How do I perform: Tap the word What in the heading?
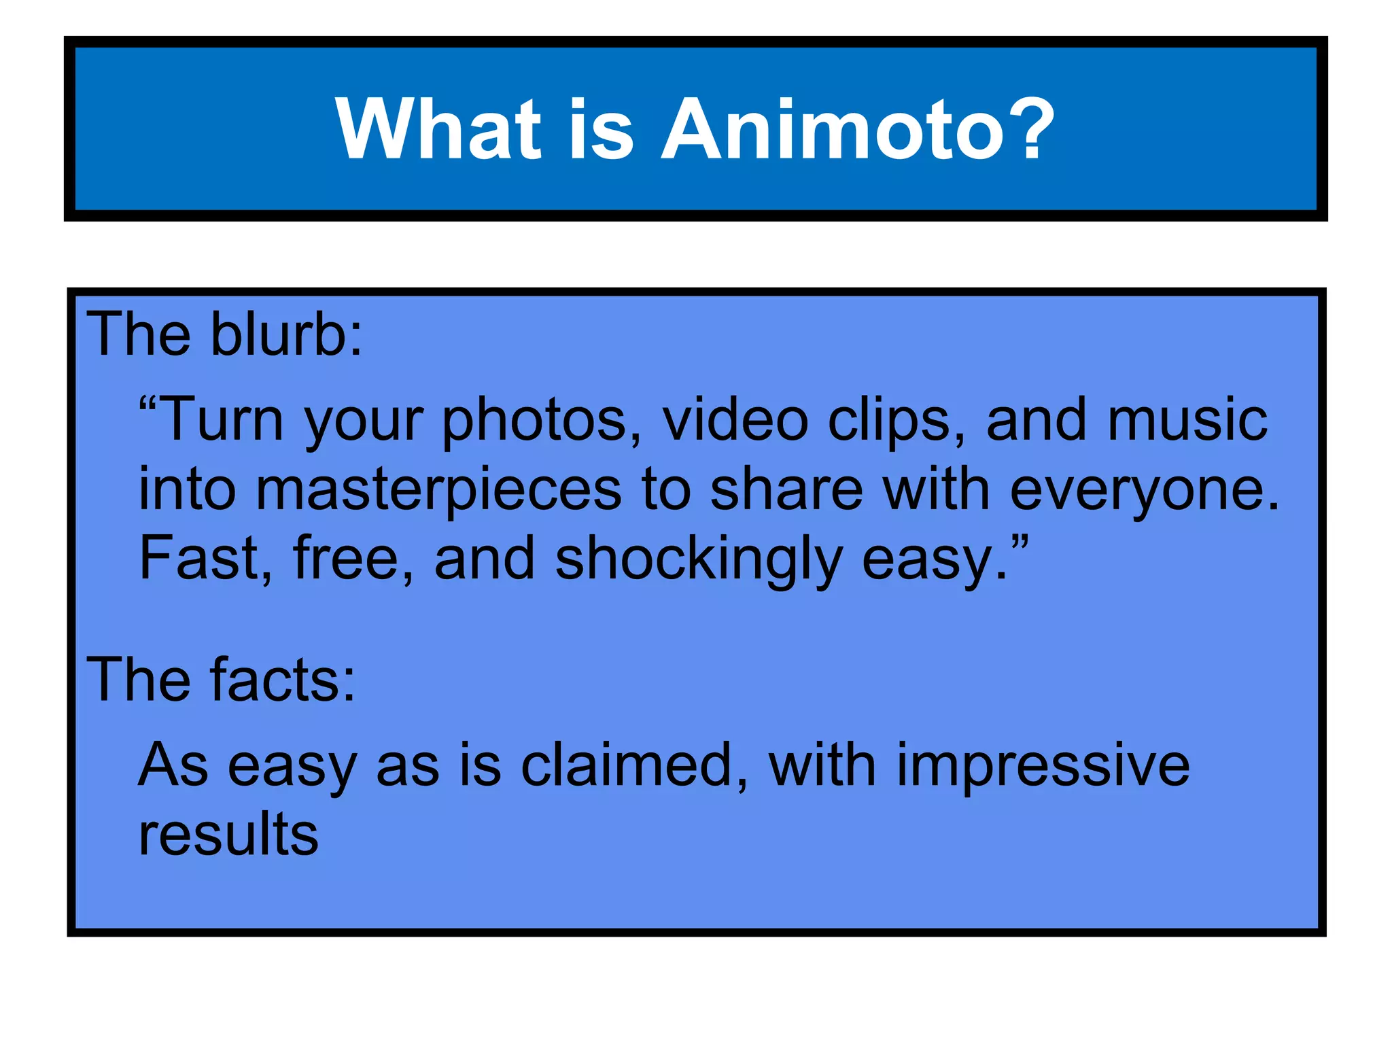point(438,129)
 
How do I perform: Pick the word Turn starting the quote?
point(224,420)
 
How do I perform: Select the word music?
point(1187,420)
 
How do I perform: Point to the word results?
point(228,835)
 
